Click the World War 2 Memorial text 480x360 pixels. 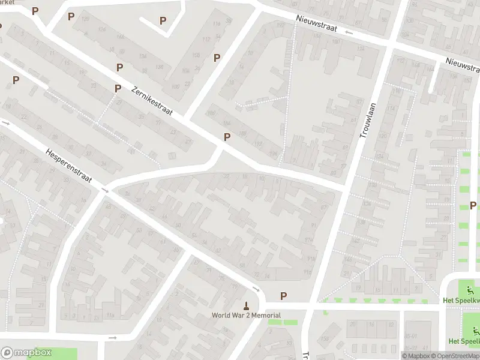pyautogui.click(x=245, y=315)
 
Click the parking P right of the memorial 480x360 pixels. pyautogui.click(x=283, y=296)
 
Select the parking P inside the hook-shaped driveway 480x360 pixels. pyautogui.click(x=163, y=20)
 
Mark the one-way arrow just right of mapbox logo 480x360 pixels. pyautogui.click(x=112, y=338)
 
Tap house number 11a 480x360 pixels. pyautogui.click(x=110, y=315)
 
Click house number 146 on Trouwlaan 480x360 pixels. pyautogui.click(x=347, y=259)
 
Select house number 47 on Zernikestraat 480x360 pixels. pyautogui.click(x=187, y=142)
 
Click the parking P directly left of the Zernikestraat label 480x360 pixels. pyautogui.click(x=118, y=88)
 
